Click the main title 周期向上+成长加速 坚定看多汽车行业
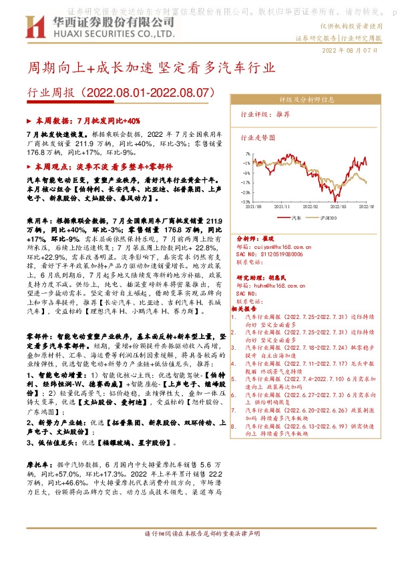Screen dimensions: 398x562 [x=150, y=68]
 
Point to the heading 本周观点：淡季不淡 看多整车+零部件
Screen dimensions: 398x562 [x=104, y=167]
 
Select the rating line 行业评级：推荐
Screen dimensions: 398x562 [x=265, y=115]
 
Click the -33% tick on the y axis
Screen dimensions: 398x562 [x=245, y=201]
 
